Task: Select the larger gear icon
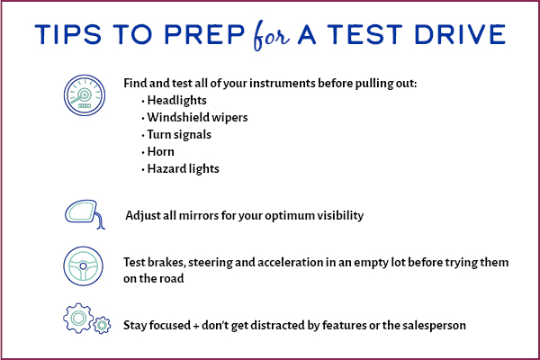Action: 76,317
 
